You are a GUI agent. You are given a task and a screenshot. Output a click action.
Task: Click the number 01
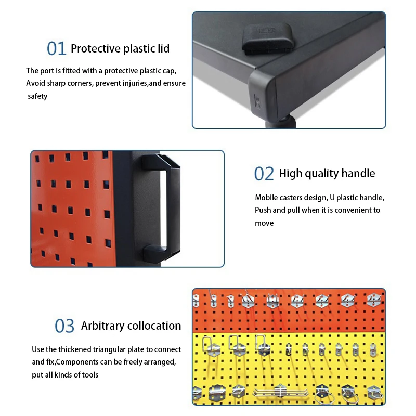[x=57, y=48]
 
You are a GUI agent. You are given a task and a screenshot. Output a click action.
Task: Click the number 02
[x=264, y=174]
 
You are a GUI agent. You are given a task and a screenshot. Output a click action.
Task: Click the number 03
[x=65, y=326]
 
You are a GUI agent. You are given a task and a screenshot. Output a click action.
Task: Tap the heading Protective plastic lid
[x=120, y=49]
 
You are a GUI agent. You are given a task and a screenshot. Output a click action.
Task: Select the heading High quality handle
[x=327, y=174]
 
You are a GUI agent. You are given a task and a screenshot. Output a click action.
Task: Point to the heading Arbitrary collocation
[x=131, y=326]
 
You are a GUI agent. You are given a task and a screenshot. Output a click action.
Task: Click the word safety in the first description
[x=37, y=96]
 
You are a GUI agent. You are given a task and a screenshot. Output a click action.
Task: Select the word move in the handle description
[x=264, y=223]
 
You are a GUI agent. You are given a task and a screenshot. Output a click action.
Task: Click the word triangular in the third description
[x=113, y=349]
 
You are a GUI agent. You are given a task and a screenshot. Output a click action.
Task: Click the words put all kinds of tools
[x=65, y=375]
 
